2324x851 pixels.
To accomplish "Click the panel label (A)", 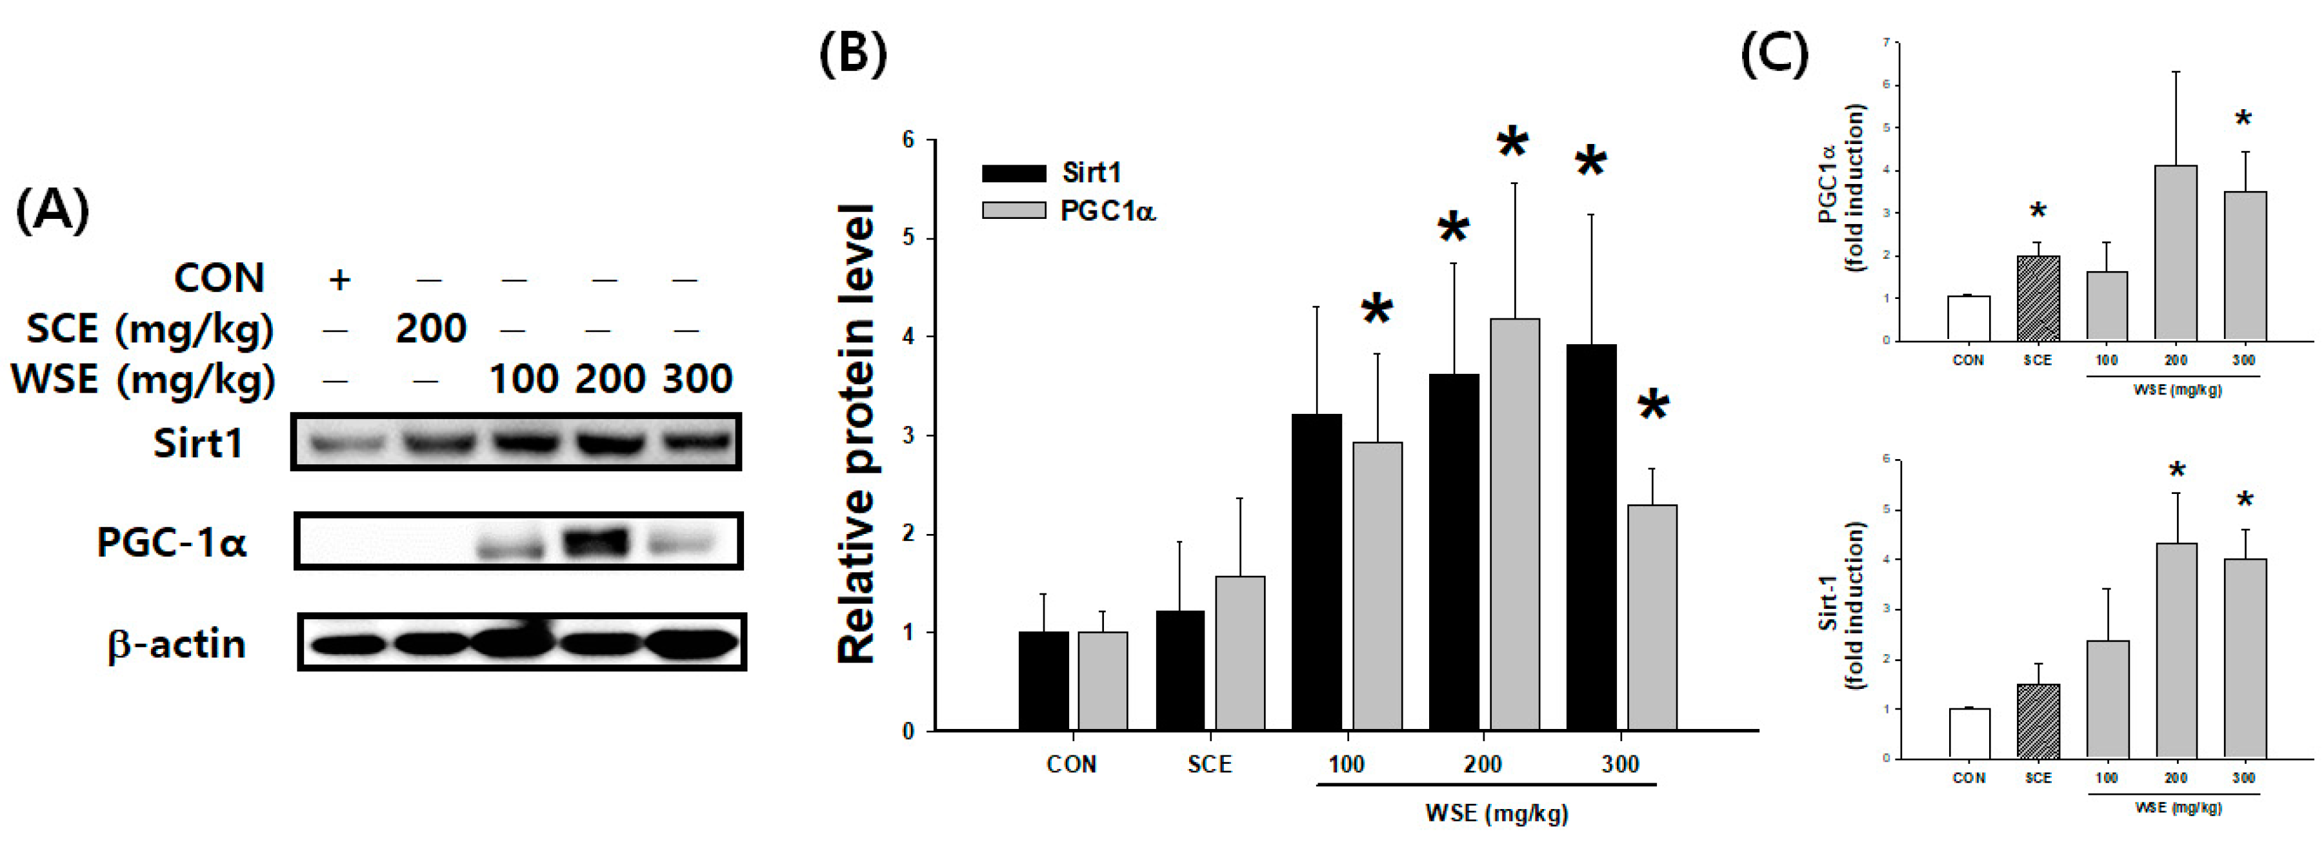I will point(52,210).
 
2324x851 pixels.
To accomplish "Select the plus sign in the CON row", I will point(339,279).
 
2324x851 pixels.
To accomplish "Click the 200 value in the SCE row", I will point(430,329).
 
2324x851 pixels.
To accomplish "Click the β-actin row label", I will point(176,644).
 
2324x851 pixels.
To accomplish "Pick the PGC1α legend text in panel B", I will point(1108,211).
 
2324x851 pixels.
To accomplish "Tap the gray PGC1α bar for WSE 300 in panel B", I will point(1652,618).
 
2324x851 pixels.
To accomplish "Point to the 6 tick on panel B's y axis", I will point(908,140).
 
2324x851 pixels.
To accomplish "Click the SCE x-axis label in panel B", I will point(1209,764).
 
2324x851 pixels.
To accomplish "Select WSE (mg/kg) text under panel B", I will point(1497,813).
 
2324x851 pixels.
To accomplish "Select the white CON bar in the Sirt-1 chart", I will point(1968,733).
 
